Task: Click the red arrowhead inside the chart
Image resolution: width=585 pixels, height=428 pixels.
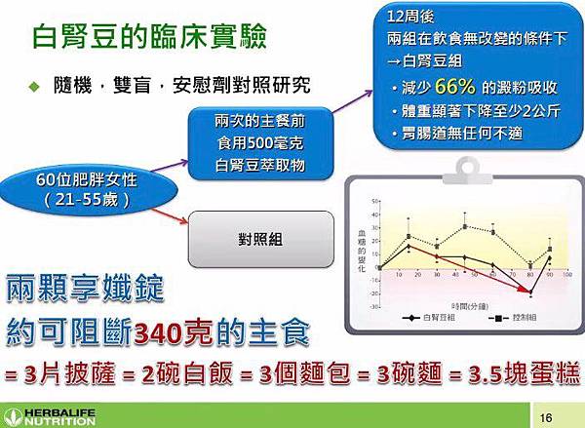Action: tap(530, 292)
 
